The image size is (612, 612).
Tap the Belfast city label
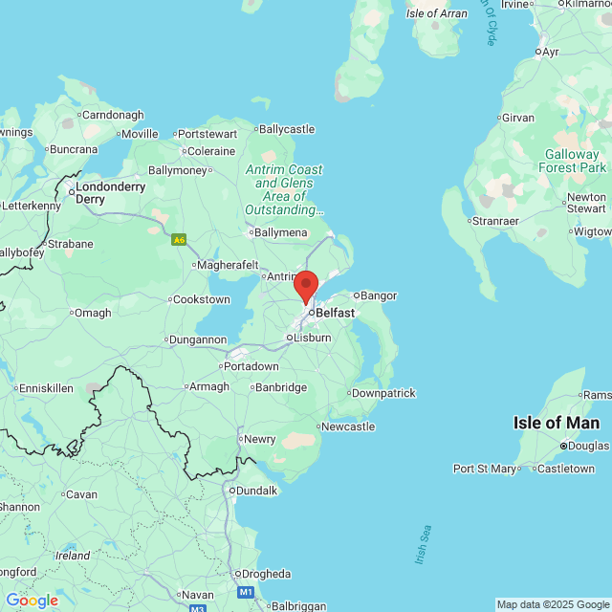tap(335, 313)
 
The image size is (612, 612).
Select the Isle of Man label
tap(557, 423)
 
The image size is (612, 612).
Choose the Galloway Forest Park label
tap(575, 161)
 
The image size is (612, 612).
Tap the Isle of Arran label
tap(436, 13)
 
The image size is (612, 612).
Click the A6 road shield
tap(179, 239)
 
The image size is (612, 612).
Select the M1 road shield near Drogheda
tap(246, 593)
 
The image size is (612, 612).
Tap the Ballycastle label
tap(286, 129)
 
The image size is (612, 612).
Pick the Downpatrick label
tap(383, 393)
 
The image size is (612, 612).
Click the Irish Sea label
tap(423, 544)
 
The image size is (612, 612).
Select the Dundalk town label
tap(256, 491)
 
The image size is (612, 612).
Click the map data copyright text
tap(553, 605)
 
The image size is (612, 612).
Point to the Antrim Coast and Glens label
tap(284, 189)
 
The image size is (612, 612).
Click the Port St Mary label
tap(484, 469)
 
